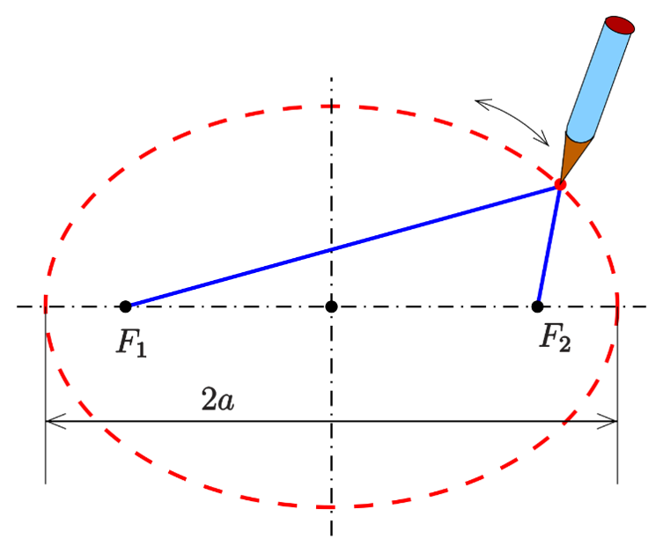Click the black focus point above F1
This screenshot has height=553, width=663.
point(125,306)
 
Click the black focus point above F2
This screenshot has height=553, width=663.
point(537,306)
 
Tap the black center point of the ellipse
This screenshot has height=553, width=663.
point(331,306)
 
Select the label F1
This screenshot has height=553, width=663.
point(131,343)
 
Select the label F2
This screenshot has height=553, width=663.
point(556,337)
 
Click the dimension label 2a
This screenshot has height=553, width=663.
point(217,399)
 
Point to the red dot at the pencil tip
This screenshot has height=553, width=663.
point(560,185)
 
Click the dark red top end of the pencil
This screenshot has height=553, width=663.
point(620,25)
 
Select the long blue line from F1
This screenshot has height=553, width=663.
point(343,246)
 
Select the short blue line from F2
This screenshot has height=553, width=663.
point(549,246)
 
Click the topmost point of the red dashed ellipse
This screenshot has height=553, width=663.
point(331,107)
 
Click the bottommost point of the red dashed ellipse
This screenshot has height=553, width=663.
point(331,506)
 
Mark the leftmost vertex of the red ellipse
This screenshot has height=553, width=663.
point(46,306)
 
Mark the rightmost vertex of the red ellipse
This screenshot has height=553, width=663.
point(617,306)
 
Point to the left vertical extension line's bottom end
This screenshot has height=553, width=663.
point(46,483)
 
